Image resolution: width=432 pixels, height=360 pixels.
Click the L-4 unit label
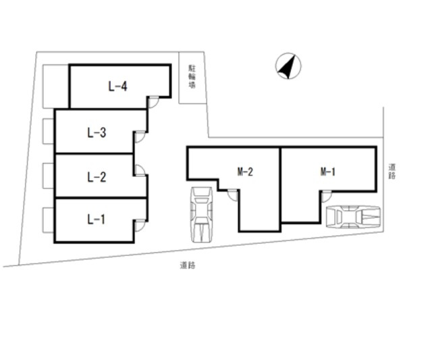pos(117,86)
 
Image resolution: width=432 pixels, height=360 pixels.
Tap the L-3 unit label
pos(97,132)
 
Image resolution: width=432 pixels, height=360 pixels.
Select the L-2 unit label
pos(97,177)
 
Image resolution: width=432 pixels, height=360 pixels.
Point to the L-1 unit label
pos(96,220)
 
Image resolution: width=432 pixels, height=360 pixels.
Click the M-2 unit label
pos(245,172)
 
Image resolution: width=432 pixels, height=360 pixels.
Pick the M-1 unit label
pos(327,172)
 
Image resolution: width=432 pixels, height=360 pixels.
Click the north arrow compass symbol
pos(288,66)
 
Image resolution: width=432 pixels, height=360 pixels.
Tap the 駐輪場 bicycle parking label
pos(192,76)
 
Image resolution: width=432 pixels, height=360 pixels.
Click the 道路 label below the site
pos(188,265)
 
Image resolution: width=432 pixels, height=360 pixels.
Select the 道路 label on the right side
pos(392,171)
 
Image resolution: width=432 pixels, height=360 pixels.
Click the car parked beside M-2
pos(202,215)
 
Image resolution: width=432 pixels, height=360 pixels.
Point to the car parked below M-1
pos(353,217)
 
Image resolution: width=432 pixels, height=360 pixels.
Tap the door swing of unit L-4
pos(153,103)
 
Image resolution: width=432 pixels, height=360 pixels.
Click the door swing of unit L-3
pos(140,137)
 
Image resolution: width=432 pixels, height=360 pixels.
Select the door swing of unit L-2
pos(140,170)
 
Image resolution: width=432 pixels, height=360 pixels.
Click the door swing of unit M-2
pos(232,195)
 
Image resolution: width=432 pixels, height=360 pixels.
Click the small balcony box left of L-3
pos(48,131)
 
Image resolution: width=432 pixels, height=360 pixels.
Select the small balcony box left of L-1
pos(48,220)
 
